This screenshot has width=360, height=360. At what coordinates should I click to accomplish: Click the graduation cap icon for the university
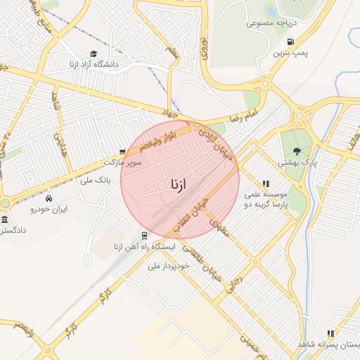[x=94, y=53]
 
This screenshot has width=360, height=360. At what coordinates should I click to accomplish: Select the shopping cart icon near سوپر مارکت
[x=122, y=151]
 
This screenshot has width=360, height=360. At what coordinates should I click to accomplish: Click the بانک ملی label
[x=97, y=181]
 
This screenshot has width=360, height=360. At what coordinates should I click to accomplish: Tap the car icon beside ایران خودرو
[x=34, y=209]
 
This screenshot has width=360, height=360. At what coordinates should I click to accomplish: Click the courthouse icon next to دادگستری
[x=5, y=219]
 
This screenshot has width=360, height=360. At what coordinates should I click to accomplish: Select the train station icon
[x=143, y=236]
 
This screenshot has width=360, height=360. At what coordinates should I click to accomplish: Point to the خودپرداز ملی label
[x=169, y=266]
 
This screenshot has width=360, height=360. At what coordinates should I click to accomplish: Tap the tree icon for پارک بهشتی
[x=296, y=150]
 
